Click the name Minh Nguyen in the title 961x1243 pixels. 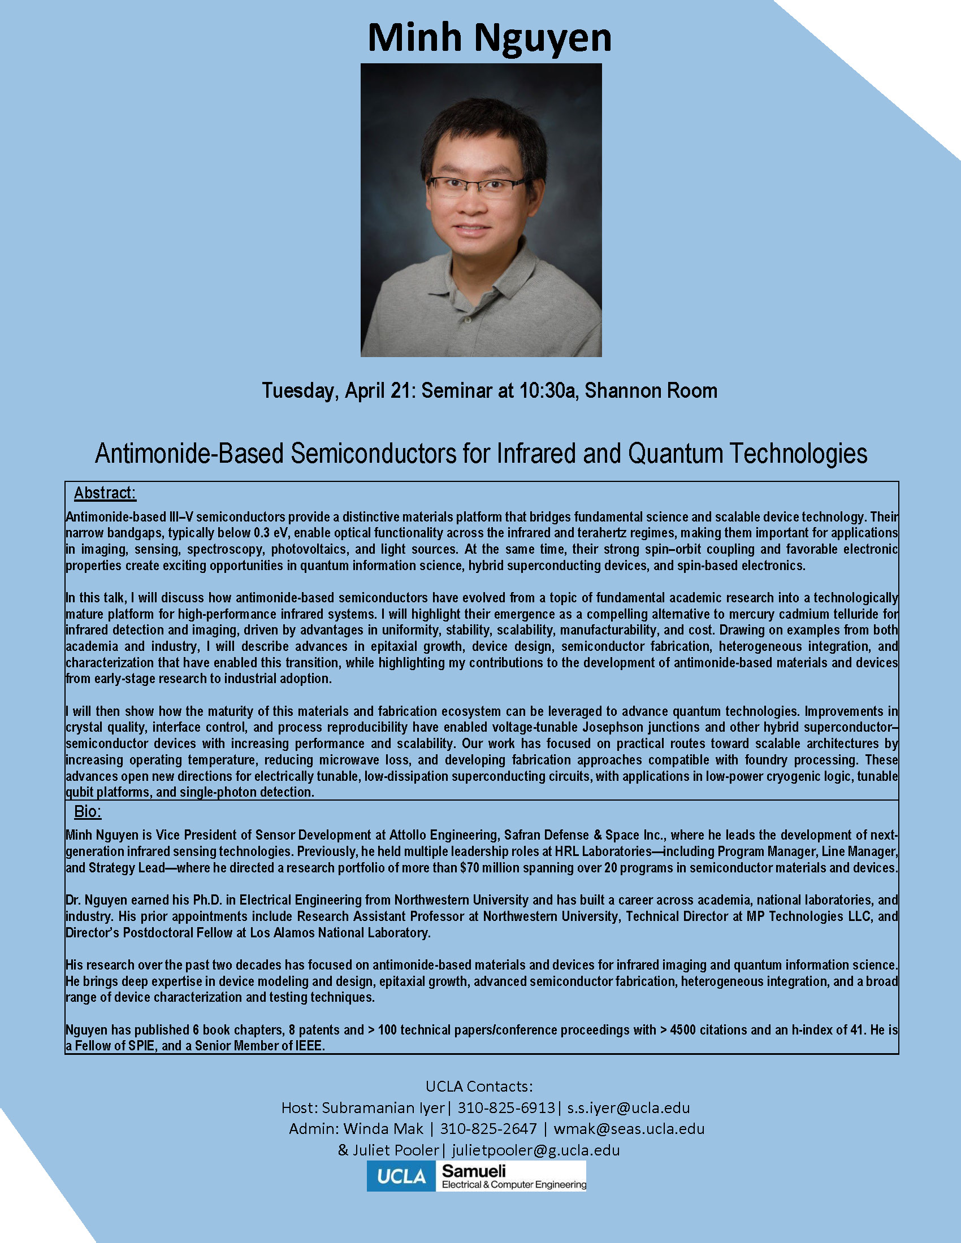(x=489, y=37)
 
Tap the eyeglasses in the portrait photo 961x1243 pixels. (x=477, y=185)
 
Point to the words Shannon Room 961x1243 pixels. (x=651, y=391)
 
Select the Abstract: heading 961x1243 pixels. (x=105, y=493)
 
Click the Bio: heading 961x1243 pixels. (x=87, y=811)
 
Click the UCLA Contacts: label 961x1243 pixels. (x=479, y=1086)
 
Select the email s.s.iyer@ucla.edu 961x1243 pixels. (x=628, y=1107)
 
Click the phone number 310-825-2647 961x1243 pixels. (x=488, y=1129)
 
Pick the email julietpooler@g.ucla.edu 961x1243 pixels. (x=535, y=1150)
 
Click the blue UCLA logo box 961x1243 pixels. (x=401, y=1176)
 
